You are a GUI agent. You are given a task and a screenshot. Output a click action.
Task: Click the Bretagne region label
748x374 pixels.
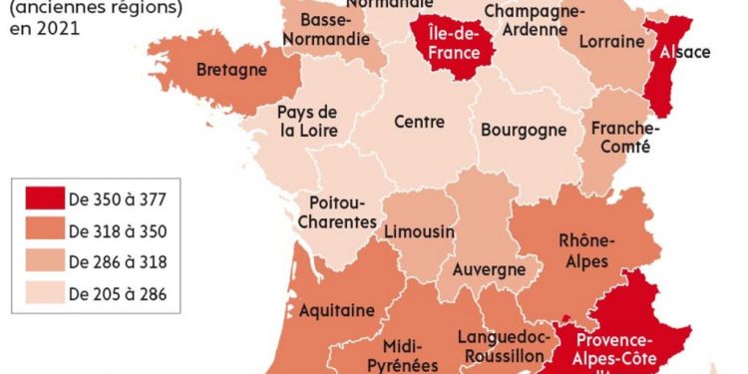point(231,71)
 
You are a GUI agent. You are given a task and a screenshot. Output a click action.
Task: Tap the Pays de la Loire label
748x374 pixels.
point(308,121)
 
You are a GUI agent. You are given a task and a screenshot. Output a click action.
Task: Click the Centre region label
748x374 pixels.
point(419,122)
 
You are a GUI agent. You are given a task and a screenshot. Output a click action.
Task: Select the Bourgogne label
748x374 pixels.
point(524,130)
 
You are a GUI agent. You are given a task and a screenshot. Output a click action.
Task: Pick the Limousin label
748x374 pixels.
point(419,231)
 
